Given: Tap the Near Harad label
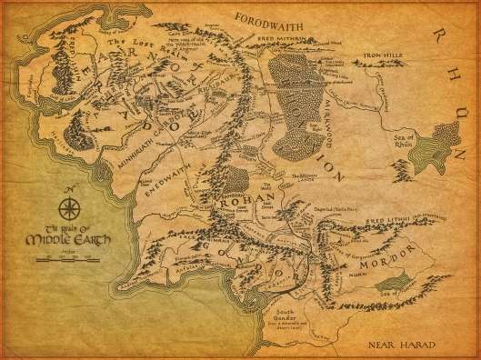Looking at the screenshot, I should (x=397, y=345).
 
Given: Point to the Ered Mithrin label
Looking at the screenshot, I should (x=307, y=40).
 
